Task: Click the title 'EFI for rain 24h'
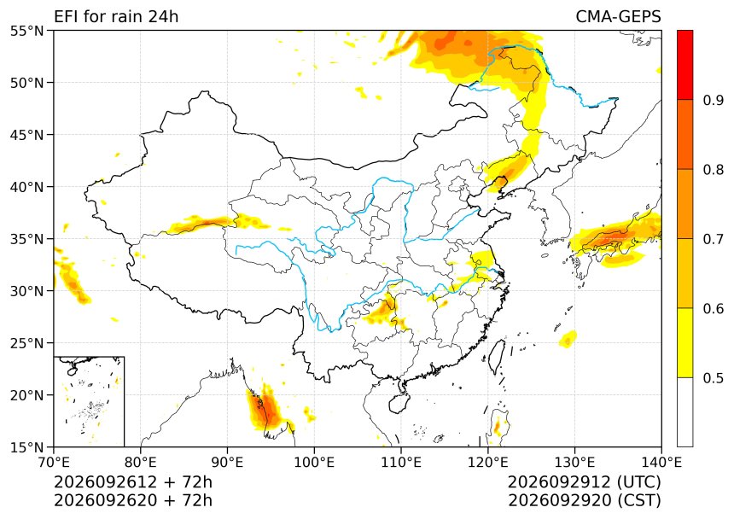point(116,16)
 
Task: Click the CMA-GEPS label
point(618,16)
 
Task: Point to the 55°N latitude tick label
point(26,31)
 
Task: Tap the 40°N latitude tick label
point(26,187)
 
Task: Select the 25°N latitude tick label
point(26,343)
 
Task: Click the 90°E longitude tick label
point(228,463)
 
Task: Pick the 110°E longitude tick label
point(400,463)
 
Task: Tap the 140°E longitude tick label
point(661,463)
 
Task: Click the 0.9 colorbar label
point(714,100)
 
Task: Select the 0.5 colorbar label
point(714,377)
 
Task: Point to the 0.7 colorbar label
point(714,239)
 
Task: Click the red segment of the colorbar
point(684,65)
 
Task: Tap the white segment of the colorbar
point(684,411)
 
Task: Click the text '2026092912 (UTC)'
point(584,481)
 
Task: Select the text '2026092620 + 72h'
point(133,500)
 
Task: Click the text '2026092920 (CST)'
point(584,500)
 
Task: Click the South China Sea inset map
point(89,401)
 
